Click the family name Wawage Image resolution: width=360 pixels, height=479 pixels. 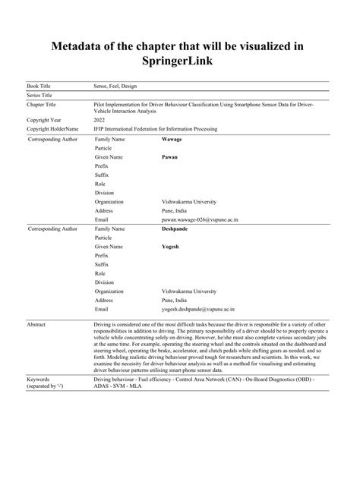pos(173,140)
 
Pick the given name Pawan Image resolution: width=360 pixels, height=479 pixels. pos(170,158)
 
